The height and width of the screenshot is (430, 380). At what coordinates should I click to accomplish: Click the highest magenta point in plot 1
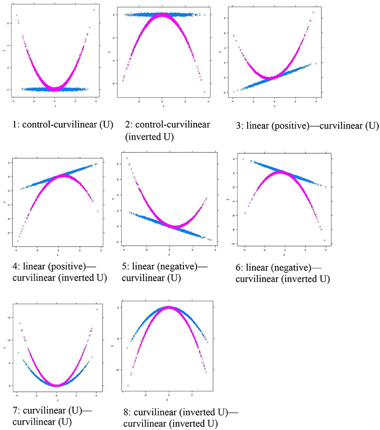coord(95,10)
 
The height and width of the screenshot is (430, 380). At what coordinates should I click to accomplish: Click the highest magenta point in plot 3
coord(313,12)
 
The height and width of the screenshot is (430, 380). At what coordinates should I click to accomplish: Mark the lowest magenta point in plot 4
coord(18,241)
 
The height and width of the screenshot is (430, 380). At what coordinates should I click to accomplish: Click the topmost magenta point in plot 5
coord(127,158)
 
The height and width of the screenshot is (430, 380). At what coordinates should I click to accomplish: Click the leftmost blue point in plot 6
coord(243,159)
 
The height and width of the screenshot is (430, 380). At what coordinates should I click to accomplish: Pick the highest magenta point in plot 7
coord(97,309)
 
